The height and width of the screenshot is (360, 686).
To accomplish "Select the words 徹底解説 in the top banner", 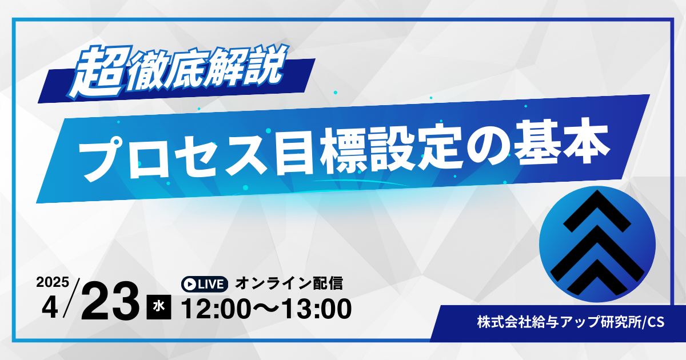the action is click(x=208, y=68).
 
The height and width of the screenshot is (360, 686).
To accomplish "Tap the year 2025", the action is click(x=53, y=282).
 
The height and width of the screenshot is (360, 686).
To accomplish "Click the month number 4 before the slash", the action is click(x=50, y=308).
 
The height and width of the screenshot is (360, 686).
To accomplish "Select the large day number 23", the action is click(x=110, y=301).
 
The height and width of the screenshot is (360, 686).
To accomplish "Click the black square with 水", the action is click(x=159, y=307).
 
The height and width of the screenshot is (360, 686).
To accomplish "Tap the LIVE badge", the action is click(x=204, y=285).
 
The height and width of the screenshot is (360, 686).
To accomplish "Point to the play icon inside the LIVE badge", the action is click(x=190, y=285).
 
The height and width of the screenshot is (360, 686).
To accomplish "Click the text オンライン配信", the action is click(x=289, y=283).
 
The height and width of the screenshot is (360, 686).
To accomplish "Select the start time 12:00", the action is click(x=216, y=309).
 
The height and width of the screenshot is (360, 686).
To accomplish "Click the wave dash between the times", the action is click(x=266, y=309).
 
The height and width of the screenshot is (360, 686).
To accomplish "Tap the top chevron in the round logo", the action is click(x=597, y=211).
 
